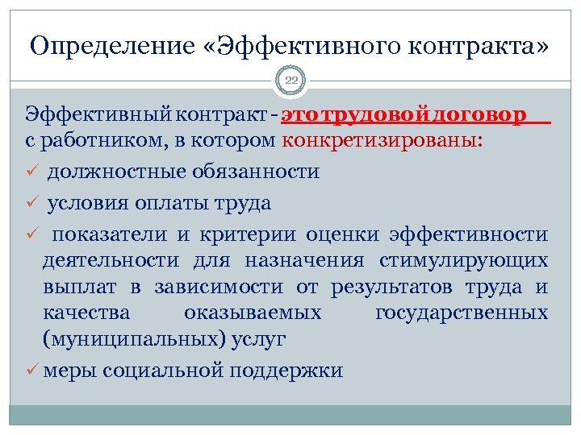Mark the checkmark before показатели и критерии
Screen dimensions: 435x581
(x=32, y=234)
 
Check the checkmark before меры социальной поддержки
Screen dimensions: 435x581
(x=32, y=371)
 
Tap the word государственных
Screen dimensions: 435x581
(x=462, y=312)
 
